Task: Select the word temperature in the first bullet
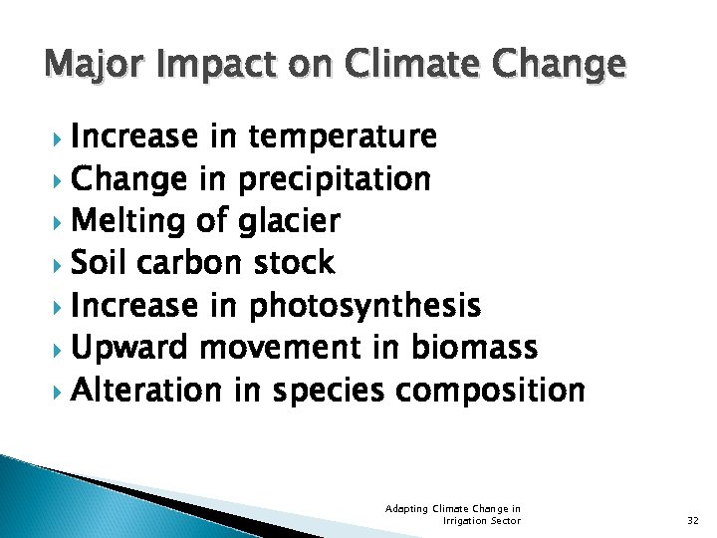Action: (x=344, y=135)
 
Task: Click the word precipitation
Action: (x=334, y=179)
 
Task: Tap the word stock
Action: (x=293, y=263)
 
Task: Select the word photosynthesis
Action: (x=365, y=306)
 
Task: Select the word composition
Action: (x=490, y=392)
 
